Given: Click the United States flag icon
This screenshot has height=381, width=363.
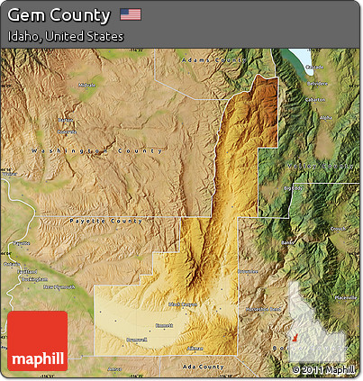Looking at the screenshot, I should [x=131, y=14].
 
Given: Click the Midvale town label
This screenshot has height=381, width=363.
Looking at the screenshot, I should [x=86, y=85].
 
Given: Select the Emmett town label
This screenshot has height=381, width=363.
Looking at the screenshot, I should [x=165, y=324].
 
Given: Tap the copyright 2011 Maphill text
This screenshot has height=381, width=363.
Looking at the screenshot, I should [x=323, y=368].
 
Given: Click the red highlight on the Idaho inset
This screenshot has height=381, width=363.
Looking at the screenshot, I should [x=294, y=338].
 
